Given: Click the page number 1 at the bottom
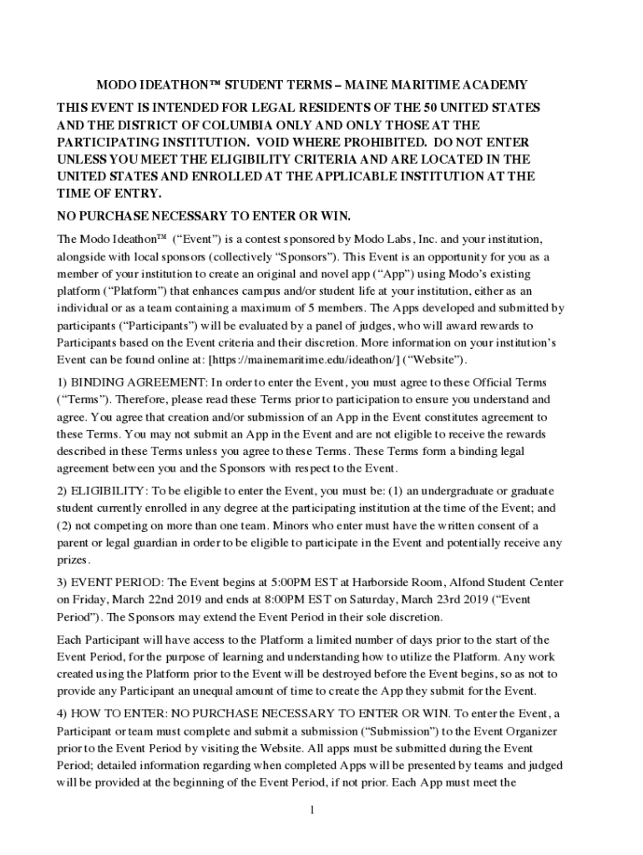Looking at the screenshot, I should [x=311, y=810].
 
